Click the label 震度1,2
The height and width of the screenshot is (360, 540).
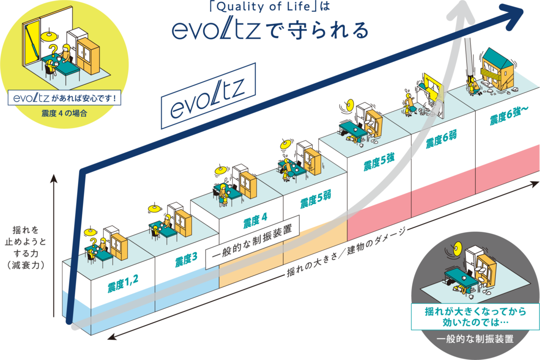click(123, 283)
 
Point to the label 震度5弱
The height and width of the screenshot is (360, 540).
click(315, 199)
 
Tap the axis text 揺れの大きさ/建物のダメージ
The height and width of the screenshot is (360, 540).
click(346, 253)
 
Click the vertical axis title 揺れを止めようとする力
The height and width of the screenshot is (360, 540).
click(30, 249)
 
